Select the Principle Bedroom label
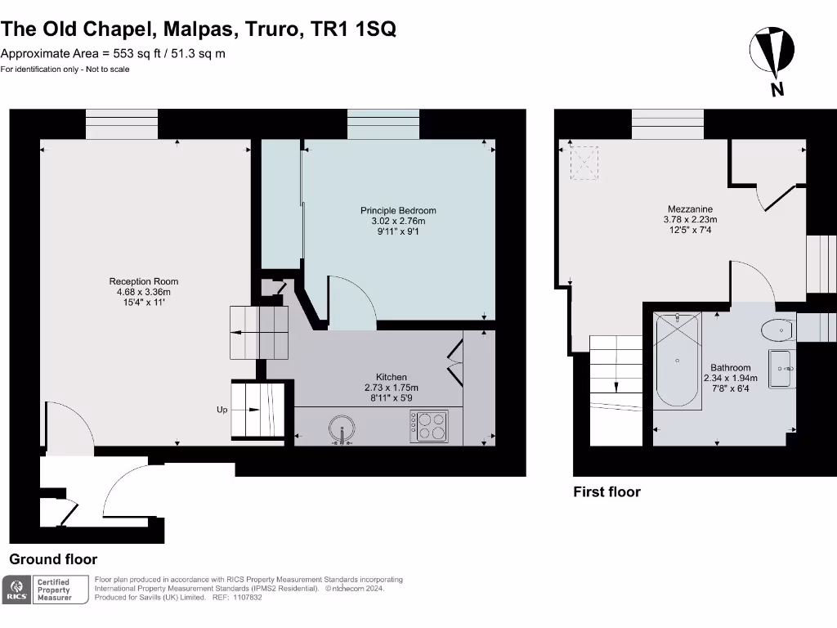[398, 210]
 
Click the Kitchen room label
[392, 377]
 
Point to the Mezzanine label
[690, 209]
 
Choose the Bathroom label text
[730, 368]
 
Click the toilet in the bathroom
[777, 331]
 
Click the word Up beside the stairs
[222, 410]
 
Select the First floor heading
[606, 491]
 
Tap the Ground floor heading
[53, 559]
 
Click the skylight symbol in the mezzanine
[584, 162]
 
